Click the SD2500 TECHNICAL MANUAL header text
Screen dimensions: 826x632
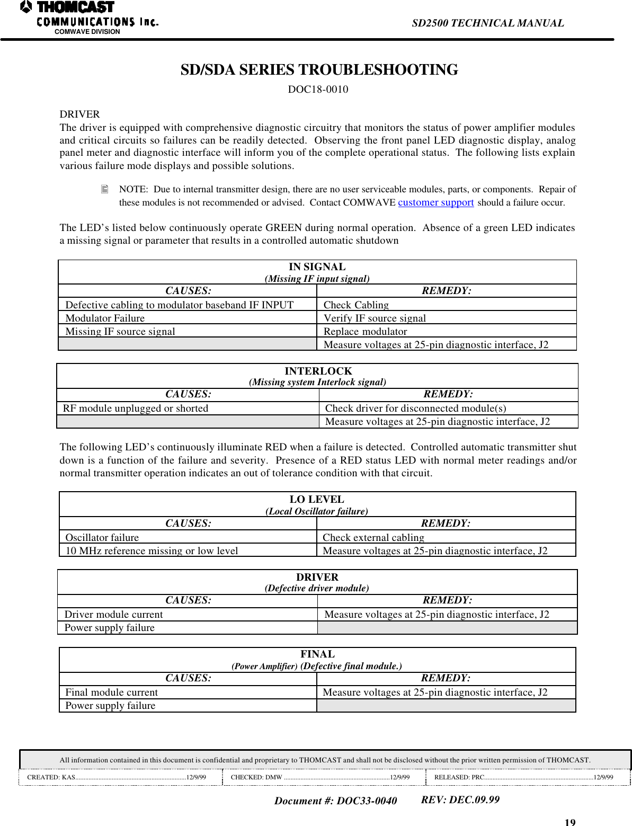(487, 23)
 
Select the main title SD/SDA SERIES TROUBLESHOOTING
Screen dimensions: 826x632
(319, 70)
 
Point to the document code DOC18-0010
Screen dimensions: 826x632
(318, 89)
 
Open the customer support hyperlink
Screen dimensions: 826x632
(435, 202)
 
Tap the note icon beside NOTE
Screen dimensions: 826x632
(104, 189)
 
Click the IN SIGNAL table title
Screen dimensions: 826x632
(317, 267)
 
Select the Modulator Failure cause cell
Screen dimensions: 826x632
(105, 318)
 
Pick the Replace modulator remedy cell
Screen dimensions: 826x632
(365, 331)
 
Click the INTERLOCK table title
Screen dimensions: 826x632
(318, 371)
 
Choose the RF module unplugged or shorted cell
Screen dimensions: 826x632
(136, 408)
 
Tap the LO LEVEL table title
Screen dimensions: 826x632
(317, 499)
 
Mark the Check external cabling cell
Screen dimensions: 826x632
(373, 537)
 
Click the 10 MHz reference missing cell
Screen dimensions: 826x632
(152, 550)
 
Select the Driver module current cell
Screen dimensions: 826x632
(113, 614)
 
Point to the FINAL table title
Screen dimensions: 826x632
(317, 654)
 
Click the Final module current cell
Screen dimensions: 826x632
(111, 692)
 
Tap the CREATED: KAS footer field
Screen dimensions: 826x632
(117, 777)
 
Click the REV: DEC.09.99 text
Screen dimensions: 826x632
(460, 800)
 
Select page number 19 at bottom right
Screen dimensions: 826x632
(569, 822)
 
